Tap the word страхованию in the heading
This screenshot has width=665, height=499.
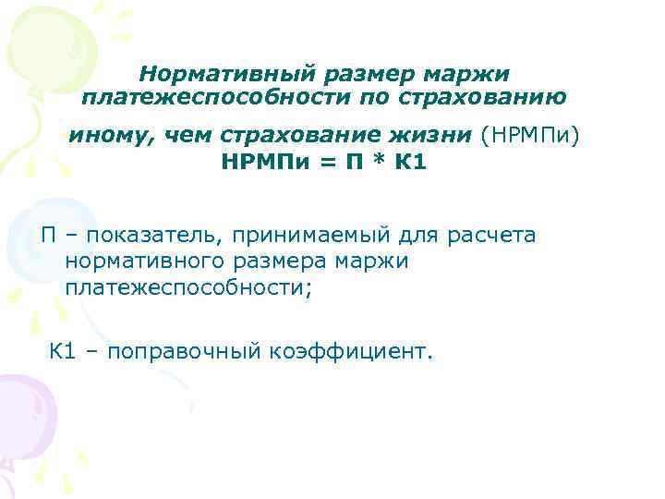click(x=499, y=95)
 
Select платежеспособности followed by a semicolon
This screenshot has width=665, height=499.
click(x=187, y=288)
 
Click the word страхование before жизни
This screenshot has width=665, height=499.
click(x=305, y=137)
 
